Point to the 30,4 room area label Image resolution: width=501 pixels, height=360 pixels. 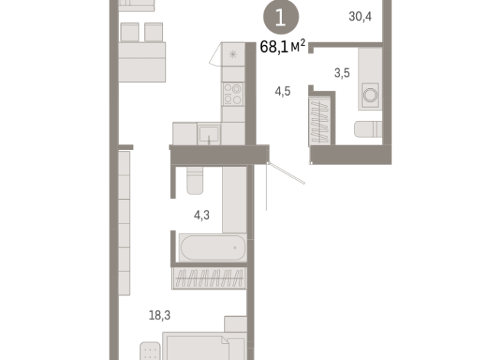(359, 17)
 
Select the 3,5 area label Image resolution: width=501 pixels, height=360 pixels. (341, 74)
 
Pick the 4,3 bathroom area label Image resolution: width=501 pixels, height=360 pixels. (201, 215)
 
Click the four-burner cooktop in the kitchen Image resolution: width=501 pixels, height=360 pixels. (232, 94)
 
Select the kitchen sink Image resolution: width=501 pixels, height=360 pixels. (208, 135)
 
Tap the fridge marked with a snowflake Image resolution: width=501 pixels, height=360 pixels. (233, 54)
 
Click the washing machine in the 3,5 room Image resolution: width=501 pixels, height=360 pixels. (371, 96)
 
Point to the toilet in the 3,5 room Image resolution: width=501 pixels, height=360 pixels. (368, 129)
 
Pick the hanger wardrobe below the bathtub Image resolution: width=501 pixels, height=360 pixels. (208, 277)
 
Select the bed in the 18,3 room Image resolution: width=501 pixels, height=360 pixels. (203, 345)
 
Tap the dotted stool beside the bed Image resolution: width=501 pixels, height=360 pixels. (151, 350)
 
